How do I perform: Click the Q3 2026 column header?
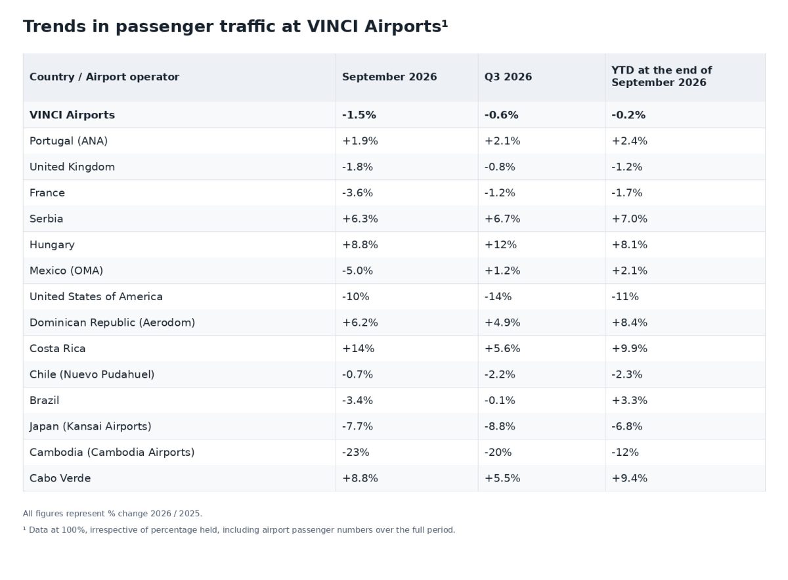coord(508,77)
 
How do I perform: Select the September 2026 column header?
coord(389,77)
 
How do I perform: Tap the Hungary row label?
coord(52,245)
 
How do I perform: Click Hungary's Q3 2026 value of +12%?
coord(500,244)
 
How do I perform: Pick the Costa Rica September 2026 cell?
coord(358,348)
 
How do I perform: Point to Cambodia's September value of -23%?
coord(355,453)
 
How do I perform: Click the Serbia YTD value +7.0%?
coord(629,219)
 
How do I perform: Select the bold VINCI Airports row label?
coord(72,115)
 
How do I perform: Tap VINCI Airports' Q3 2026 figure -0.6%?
coord(501,115)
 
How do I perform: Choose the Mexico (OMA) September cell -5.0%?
coord(357,271)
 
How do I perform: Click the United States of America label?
coord(96,297)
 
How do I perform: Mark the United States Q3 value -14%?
coord(498,297)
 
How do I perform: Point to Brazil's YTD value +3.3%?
coord(629,401)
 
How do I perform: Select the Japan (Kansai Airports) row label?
coord(91,426)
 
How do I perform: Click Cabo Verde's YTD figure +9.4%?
coord(629,478)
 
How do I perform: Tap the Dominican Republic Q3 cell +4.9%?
coord(502,323)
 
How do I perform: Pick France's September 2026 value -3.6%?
coord(357,193)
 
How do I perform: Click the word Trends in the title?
coord(54,26)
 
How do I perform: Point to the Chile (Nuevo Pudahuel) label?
coord(92,374)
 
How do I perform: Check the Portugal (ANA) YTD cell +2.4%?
coord(629,141)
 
